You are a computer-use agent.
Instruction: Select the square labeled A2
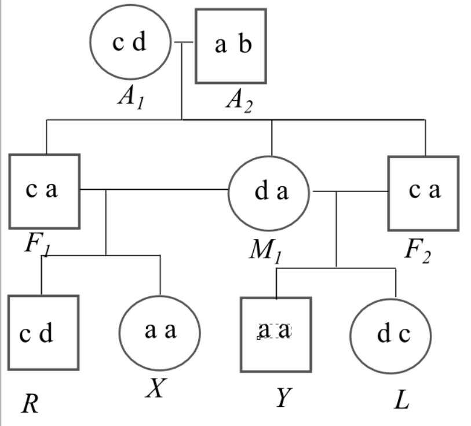pyautogui.click(x=231, y=45)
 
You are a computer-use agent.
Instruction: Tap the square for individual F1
pyautogui.click(x=44, y=191)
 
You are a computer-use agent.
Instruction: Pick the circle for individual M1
pyautogui.click(x=269, y=193)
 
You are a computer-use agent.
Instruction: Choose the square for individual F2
pyautogui.click(x=423, y=193)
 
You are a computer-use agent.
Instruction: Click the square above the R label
pyautogui.click(x=43, y=332)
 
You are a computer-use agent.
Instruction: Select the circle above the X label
pyautogui.click(x=159, y=332)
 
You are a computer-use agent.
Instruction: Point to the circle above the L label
pyautogui.click(x=391, y=335)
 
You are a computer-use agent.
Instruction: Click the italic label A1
pyautogui.click(x=130, y=97)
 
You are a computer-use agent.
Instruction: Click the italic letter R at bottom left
pyautogui.click(x=30, y=403)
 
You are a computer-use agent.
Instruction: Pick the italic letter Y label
pyautogui.click(x=282, y=398)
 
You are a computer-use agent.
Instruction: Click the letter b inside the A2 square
pyautogui.click(x=245, y=45)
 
